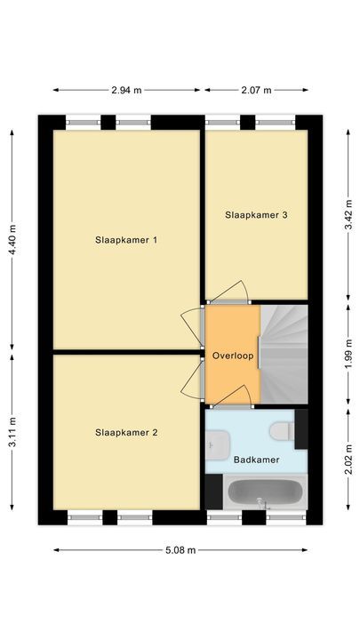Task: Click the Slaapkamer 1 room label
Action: [126, 239]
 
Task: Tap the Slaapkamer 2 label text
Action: [126, 433]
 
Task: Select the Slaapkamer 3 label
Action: [256, 214]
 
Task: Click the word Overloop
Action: [233, 356]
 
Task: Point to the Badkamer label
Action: [256, 460]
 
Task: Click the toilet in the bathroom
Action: [283, 430]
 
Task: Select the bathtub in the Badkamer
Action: [262, 492]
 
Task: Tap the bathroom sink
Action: [217, 442]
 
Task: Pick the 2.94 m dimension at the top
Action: [127, 90]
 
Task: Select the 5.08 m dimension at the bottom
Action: [180, 549]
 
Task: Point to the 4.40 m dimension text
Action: [12, 239]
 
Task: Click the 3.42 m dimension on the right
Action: [348, 214]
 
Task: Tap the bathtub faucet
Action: [261, 504]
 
